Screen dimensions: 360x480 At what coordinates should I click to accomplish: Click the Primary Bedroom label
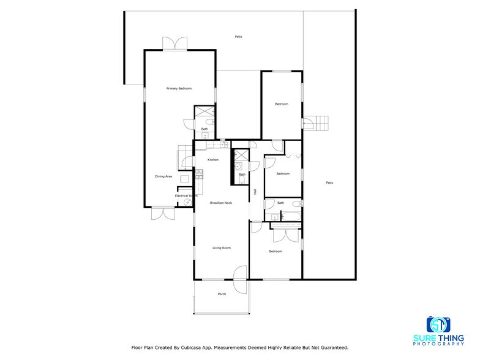[x=179, y=89]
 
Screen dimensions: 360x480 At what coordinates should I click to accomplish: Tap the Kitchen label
[x=212, y=160]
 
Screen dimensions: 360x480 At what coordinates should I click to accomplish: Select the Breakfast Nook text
[x=220, y=203]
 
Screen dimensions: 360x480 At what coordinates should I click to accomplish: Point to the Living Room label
[x=222, y=248]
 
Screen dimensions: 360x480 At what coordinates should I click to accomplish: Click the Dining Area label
[x=163, y=176]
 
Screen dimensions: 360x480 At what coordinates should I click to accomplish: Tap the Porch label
[x=222, y=294]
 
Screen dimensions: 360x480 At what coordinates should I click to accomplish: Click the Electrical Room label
[x=186, y=196]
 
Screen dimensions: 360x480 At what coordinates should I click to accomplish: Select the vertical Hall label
[x=255, y=192]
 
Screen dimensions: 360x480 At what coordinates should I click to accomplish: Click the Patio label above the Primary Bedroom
[x=238, y=37]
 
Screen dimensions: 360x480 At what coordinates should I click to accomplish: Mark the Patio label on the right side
[x=329, y=182]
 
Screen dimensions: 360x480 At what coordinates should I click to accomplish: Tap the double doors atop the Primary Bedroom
[x=174, y=44]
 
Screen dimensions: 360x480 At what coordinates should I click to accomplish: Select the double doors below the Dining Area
[x=163, y=213]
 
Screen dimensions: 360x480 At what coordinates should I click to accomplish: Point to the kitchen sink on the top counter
[x=223, y=144]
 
